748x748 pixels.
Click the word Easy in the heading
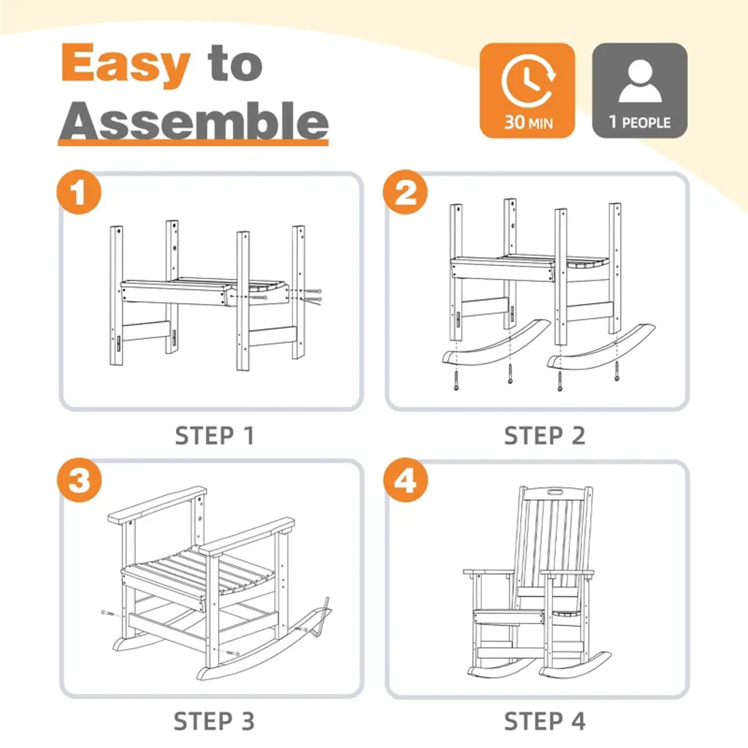click(126, 64)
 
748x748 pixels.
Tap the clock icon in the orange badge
click(528, 80)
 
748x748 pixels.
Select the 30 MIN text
click(529, 123)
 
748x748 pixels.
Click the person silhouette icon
click(640, 80)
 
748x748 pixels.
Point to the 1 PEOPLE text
click(640, 123)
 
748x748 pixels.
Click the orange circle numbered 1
click(79, 192)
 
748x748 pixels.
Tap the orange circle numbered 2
click(405, 192)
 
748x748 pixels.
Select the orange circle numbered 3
click(79, 480)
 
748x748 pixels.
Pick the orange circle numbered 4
click(405, 480)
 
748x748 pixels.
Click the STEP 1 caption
click(215, 436)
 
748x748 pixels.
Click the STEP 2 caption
click(544, 436)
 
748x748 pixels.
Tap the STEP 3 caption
click(214, 721)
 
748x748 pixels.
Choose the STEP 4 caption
click(544, 721)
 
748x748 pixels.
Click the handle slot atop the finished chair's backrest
click(555, 492)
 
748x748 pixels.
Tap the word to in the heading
click(234, 64)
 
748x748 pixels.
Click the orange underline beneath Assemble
click(193, 142)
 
